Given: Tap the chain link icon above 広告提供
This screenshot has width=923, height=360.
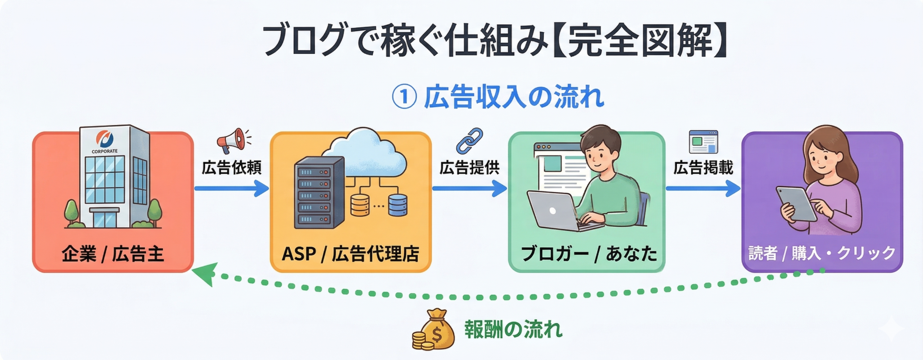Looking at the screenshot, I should point(469,141).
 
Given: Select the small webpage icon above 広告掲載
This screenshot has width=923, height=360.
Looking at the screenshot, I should point(703,142).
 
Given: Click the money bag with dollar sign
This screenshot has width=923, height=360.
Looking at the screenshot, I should point(434,330).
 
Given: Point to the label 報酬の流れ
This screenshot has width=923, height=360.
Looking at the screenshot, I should point(513,329).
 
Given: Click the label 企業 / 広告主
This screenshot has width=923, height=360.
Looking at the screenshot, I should point(113,254).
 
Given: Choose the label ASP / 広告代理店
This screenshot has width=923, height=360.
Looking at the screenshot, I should point(350,254).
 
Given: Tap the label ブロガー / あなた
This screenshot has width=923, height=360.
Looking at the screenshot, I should point(589,254).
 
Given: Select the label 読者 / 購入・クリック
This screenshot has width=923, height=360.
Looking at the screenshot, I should point(822,253).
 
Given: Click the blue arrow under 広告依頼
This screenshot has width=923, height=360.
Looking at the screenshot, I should point(231,188).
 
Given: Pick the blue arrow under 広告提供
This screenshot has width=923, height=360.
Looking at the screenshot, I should point(469,188).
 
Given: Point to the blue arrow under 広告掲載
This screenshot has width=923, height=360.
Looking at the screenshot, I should point(703,188).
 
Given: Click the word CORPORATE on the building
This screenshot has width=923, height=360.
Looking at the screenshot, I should point(105,151).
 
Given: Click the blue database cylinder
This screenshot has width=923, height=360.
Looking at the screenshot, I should point(398,205).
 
